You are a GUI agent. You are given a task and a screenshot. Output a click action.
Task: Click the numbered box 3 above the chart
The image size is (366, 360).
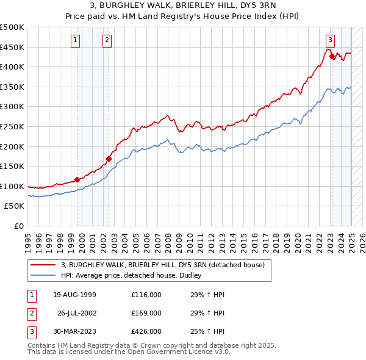[329, 40]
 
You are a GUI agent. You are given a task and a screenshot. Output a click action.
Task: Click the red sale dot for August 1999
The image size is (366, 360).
[77, 179]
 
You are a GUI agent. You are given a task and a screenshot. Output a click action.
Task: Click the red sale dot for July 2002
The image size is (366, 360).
[109, 159]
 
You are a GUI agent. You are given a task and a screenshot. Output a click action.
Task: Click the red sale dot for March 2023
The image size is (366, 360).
[332, 57]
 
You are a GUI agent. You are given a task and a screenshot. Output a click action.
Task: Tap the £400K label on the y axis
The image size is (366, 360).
[12, 67]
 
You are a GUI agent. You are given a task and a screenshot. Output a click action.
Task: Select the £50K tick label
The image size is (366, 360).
[15, 206]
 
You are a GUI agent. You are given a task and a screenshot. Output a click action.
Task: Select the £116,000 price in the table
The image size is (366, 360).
[146, 294]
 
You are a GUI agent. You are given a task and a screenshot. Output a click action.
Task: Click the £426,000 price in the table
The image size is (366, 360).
[146, 332]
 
